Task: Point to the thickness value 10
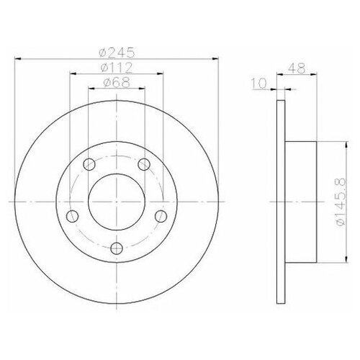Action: point(259,84)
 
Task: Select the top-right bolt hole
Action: point(143,163)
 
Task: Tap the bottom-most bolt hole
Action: point(117,248)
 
